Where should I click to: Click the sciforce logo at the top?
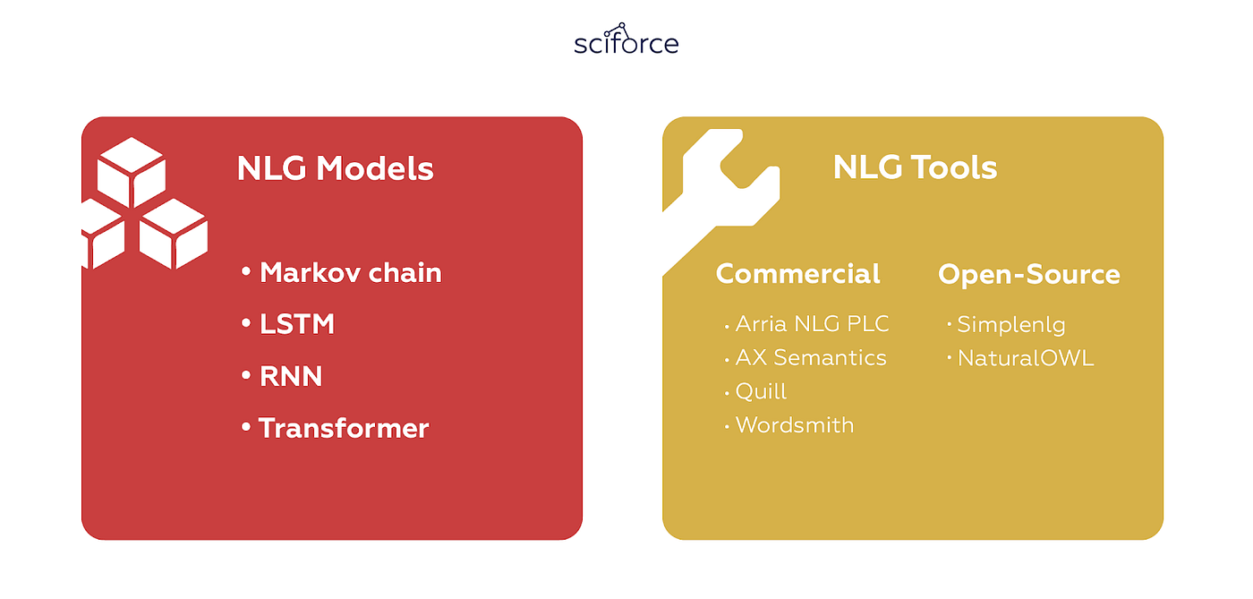(626, 41)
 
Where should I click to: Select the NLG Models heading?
(335, 168)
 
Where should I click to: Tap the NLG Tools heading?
(915, 167)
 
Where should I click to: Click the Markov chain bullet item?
(350, 273)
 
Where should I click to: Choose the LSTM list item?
(296, 324)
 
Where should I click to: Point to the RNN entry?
(290, 376)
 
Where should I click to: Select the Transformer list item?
(344, 428)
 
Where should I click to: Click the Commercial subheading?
(797, 274)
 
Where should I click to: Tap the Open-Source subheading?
(1028, 274)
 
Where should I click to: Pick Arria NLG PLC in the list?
(812, 324)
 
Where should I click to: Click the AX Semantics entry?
(810, 358)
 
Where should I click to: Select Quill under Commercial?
(761, 391)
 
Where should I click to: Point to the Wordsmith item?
(794, 425)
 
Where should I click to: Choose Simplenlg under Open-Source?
(1010, 324)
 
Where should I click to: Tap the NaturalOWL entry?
(1025, 358)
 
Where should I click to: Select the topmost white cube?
(132, 170)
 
